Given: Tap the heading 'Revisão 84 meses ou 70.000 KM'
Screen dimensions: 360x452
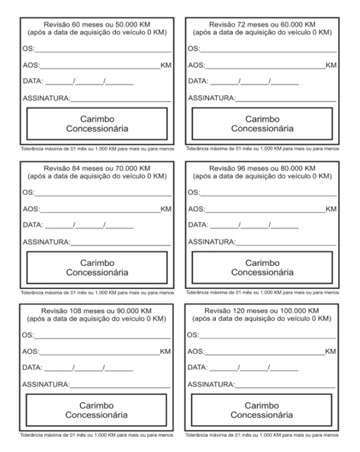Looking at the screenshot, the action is tap(97, 168).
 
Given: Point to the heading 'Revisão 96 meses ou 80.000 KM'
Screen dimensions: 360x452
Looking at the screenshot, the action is tap(262, 168).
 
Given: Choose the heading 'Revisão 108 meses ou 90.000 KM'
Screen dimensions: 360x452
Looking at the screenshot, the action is tap(97, 311).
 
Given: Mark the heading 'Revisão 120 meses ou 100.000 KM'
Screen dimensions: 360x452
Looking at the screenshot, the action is tap(262, 311).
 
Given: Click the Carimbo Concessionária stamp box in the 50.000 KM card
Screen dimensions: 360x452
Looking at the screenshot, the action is tap(97, 123).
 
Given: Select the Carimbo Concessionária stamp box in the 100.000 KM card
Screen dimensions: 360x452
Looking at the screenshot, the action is tap(262, 410).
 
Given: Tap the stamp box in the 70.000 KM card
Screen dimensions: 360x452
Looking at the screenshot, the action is tap(97, 267).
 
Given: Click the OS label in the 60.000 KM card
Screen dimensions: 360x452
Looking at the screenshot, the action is tap(194, 49).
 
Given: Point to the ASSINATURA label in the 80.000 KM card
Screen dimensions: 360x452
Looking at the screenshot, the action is tap(211, 241).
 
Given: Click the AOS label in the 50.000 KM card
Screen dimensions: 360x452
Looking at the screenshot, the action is tap(31, 66).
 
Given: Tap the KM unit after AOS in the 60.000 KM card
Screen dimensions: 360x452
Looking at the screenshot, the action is tap(331, 66).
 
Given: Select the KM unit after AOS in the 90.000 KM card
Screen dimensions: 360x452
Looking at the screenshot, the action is tap(166, 352).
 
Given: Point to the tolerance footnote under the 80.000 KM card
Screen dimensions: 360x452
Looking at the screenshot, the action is tap(262, 291).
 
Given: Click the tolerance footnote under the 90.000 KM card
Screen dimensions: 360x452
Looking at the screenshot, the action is tap(97, 434).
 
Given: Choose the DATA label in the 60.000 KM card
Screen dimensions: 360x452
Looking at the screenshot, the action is tap(198, 82).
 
